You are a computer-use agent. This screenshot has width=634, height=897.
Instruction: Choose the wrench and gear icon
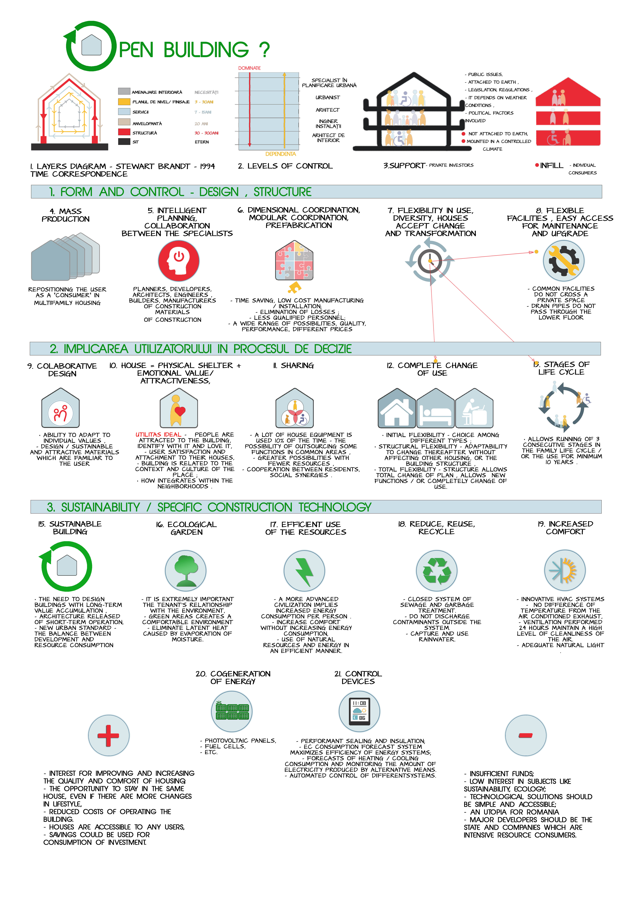[x=563, y=261]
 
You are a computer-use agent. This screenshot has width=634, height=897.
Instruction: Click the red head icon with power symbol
[x=179, y=261]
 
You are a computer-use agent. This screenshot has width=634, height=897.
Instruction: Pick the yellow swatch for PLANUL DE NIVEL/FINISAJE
[x=124, y=102]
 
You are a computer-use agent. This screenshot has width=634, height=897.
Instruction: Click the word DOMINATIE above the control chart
[x=249, y=68]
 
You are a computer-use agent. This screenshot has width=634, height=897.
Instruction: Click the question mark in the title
[x=264, y=50]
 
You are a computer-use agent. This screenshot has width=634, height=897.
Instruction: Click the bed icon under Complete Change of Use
[x=435, y=409]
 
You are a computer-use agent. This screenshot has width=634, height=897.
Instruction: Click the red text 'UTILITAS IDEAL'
[x=158, y=434]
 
